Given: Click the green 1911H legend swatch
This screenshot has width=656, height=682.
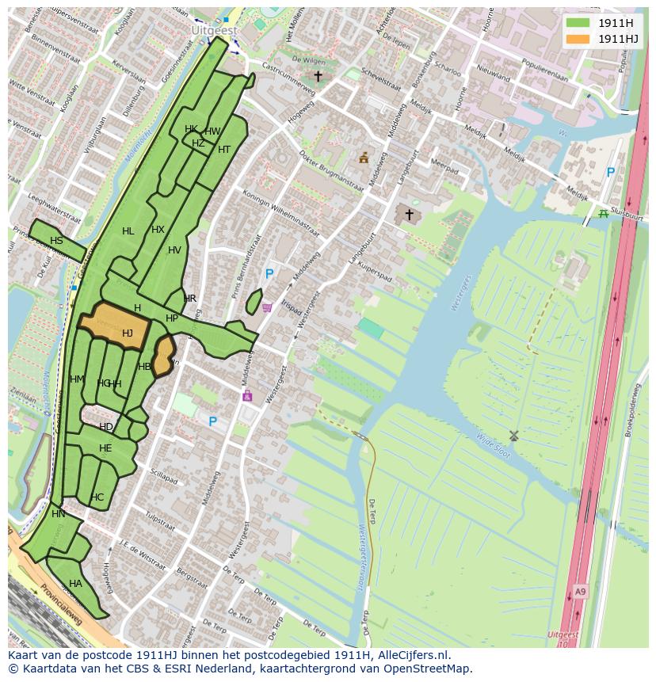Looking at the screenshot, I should point(578,23).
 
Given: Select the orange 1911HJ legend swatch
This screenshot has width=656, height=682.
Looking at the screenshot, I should point(578,39).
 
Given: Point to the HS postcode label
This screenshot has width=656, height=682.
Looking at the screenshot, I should point(56,241).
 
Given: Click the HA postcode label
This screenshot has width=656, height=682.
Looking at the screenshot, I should point(75,584).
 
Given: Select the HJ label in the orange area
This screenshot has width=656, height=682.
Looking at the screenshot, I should point(128,333).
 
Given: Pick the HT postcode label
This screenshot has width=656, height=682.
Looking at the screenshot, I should point(224,150).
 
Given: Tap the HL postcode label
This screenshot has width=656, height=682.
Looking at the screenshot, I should point(128,231).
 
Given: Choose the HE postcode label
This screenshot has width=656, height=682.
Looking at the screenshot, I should point(105,448).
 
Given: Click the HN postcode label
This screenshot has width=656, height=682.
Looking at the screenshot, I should point(59,514).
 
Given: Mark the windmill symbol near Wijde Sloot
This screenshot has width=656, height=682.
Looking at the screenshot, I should point(513,435).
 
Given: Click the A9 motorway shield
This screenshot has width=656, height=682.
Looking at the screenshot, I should point(581,591).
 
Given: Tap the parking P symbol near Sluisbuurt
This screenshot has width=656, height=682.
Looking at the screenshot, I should point(610,172).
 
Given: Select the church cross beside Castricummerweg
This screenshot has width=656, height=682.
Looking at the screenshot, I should point(318,77).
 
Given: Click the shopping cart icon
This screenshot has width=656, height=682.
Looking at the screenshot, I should point(267,307).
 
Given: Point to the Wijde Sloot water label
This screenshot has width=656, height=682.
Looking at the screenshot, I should point(493,446).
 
